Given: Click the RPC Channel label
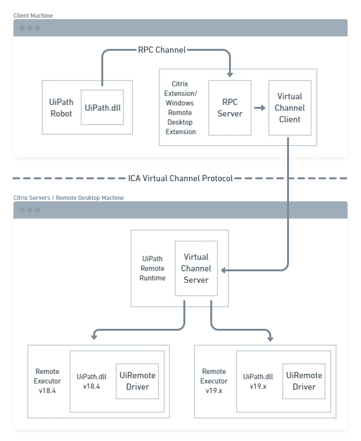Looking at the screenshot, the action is (x=162, y=50).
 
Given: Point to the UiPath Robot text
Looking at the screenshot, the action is (x=61, y=108).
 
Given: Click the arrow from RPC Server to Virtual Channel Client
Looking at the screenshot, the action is (x=260, y=108).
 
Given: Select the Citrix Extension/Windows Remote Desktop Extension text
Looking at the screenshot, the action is (x=180, y=108).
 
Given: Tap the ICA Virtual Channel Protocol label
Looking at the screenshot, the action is (x=180, y=178).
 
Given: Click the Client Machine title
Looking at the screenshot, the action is (x=33, y=16).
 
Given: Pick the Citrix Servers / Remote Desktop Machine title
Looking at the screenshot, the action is (x=69, y=197).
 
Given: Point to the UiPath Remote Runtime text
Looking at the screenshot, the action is (x=152, y=268).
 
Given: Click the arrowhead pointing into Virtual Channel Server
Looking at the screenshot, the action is (x=223, y=270).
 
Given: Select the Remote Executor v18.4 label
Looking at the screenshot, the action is (x=48, y=381).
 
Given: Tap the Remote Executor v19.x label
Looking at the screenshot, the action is (x=214, y=381).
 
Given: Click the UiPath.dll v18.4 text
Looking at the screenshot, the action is (x=92, y=382).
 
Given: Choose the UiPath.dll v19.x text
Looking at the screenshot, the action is (x=258, y=382).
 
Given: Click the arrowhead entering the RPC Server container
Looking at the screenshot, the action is (x=230, y=75).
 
